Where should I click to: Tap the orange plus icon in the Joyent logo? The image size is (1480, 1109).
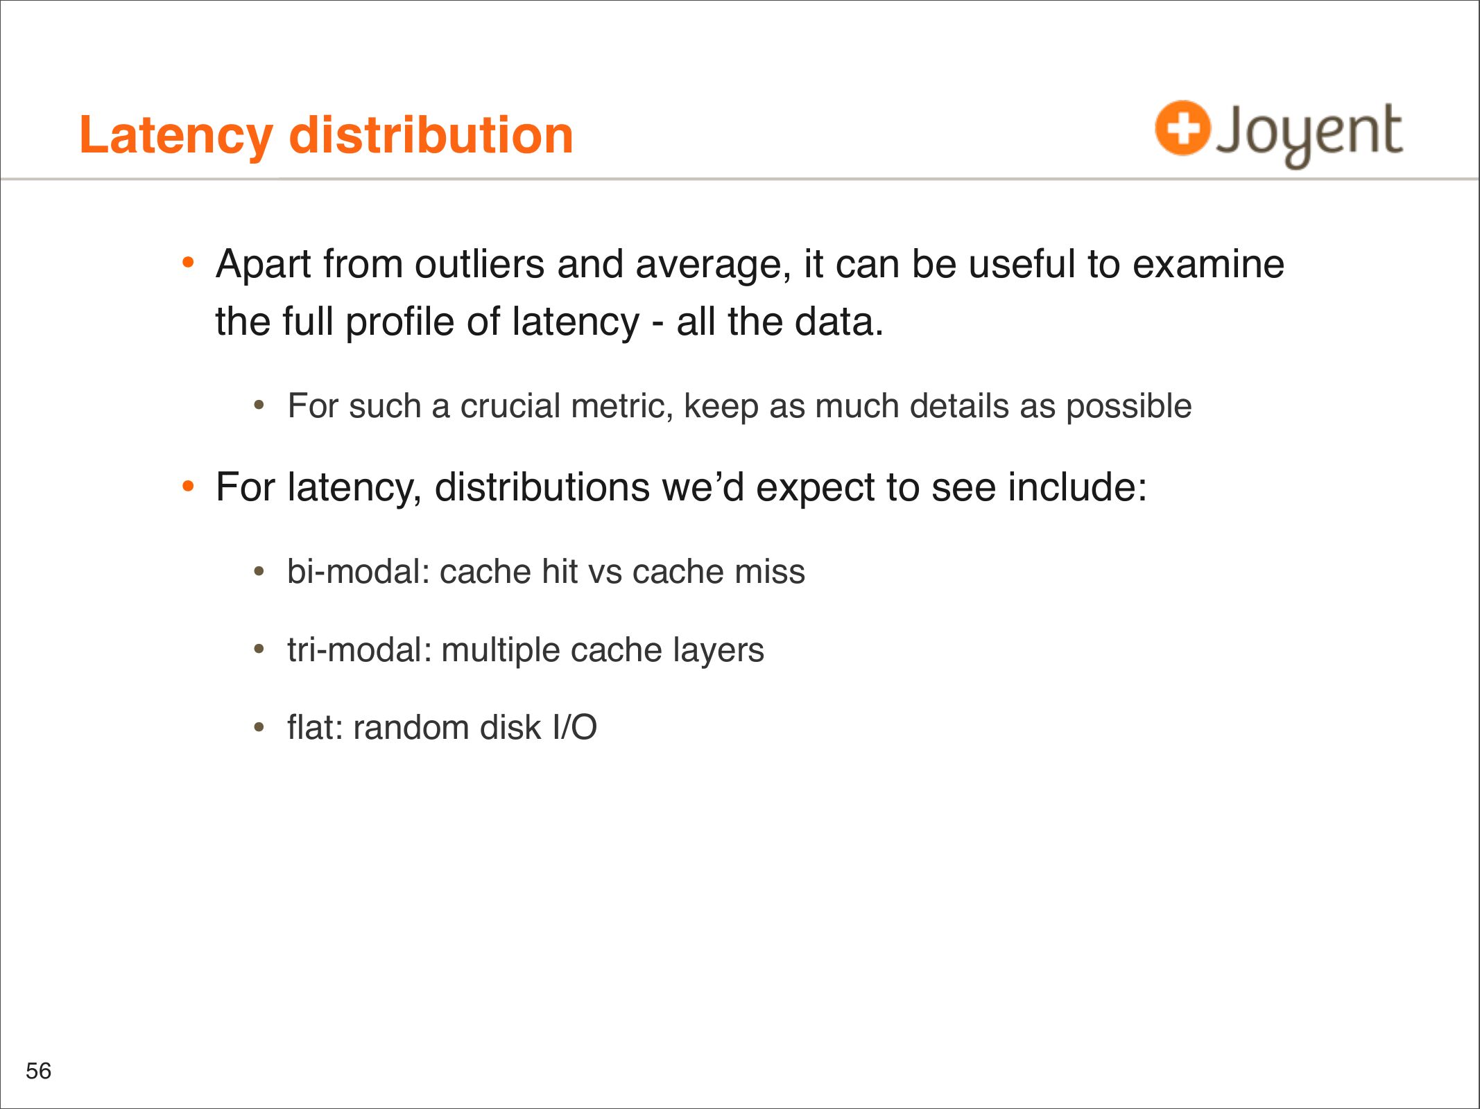pyautogui.click(x=1182, y=128)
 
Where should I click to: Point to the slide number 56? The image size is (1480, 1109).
pyautogui.click(x=39, y=1071)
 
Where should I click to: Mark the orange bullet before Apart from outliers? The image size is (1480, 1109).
pyautogui.click(x=188, y=263)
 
